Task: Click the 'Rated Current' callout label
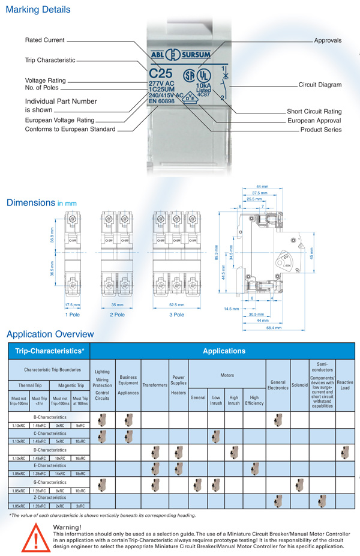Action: [44, 40]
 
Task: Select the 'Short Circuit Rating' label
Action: [314, 112]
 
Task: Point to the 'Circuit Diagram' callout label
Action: [320, 85]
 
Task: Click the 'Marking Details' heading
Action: [38, 10]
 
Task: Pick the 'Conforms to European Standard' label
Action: [71, 130]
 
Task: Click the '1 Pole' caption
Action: [73, 314]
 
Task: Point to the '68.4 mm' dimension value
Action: [275, 328]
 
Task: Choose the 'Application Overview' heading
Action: [50, 334]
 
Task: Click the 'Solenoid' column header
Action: [299, 384]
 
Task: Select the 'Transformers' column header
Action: [154, 384]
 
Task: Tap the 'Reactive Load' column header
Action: [345, 384]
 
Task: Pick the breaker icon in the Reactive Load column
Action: [344, 452]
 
